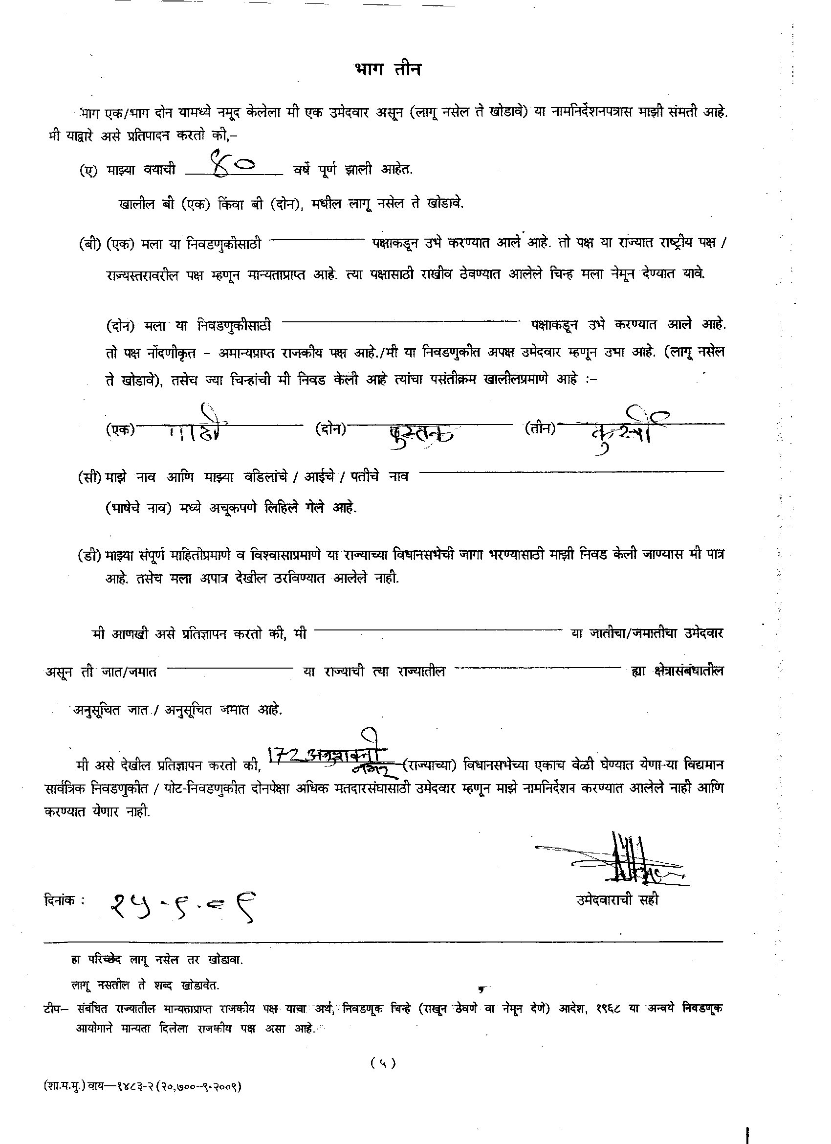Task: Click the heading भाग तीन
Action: [387, 69]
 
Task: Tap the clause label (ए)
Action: [88, 171]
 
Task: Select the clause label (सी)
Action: [89, 476]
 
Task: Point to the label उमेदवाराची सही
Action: [617, 900]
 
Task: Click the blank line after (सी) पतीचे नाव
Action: [571, 472]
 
